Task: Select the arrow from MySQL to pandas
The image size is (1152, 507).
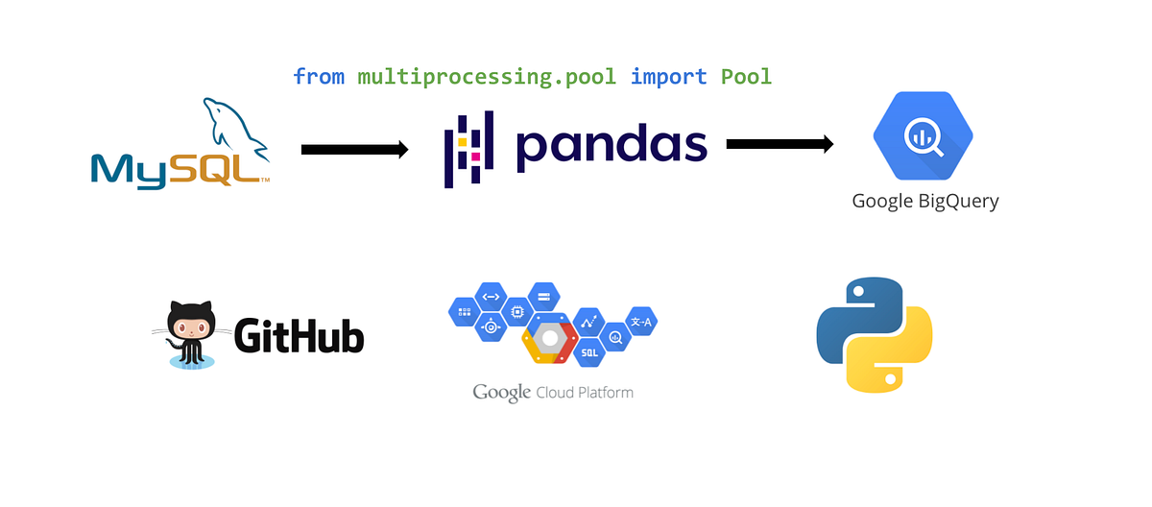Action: tap(354, 149)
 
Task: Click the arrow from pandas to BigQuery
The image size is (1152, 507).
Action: tap(779, 144)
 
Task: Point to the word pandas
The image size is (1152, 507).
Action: tap(611, 145)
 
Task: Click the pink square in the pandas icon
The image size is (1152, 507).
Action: tap(475, 156)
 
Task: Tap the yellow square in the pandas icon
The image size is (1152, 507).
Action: tap(462, 142)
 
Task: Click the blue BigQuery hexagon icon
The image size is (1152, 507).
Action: tap(922, 136)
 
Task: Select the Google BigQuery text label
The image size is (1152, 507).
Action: tap(925, 202)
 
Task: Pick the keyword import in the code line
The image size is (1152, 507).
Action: tap(668, 76)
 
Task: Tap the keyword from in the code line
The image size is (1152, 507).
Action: tap(319, 76)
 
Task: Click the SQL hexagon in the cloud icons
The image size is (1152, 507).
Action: tap(590, 351)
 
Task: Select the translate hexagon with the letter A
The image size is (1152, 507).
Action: tap(639, 323)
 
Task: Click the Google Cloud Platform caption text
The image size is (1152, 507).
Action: tap(553, 393)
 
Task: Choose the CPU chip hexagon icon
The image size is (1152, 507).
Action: tap(518, 312)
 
